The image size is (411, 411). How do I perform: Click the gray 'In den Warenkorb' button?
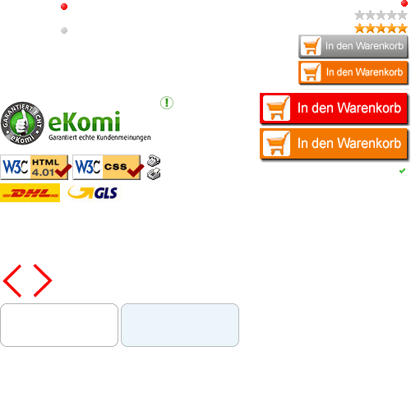pyautogui.click(x=353, y=46)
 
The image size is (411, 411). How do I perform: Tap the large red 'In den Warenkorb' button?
pyautogui.click(x=334, y=109)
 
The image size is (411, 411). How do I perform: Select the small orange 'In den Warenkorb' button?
pyautogui.click(x=353, y=72)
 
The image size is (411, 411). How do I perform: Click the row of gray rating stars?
pyautogui.click(x=381, y=15)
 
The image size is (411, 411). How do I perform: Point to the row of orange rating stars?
pyautogui.click(x=381, y=28)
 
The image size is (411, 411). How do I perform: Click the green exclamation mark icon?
pyautogui.click(x=167, y=103)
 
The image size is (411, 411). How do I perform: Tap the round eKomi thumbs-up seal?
pyautogui.click(x=22, y=123)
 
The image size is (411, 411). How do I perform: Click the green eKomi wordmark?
pyautogui.click(x=84, y=122)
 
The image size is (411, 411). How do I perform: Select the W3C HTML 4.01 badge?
pyautogui.click(x=35, y=167)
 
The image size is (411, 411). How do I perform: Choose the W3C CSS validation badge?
pyautogui.click(x=108, y=167)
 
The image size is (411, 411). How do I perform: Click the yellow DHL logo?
pyautogui.click(x=30, y=193)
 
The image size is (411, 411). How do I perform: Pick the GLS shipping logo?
pyautogui.click(x=93, y=192)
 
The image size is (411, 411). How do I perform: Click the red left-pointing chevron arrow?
pyautogui.click(x=12, y=280)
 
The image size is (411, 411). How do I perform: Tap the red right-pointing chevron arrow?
pyautogui.click(x=43, y=280)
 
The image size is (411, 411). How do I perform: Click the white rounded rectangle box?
pyautogui.click(x=59, y=325)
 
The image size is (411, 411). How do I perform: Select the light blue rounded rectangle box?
pyautogui.click(x=180, y=325)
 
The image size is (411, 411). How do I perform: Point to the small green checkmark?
pyautogui.click(x=402, y=171)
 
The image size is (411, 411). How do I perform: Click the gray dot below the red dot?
pyautogui.click(x=64, y=30)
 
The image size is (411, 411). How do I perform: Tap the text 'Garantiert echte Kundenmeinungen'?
pyautogui.click(x=99, y=137)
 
